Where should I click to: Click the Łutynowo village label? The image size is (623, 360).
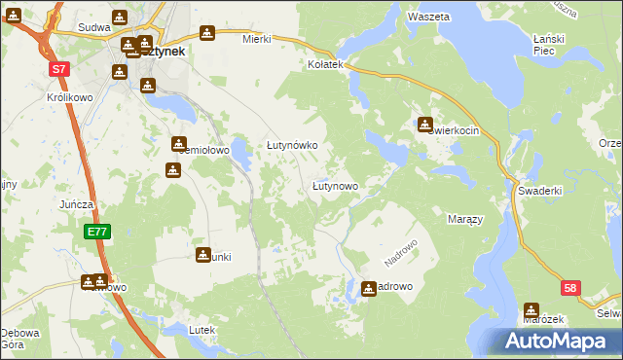tap(335, 185)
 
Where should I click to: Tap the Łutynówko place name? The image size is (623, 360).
tap(293, 145)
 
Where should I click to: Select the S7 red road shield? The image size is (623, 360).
tap(60, 69)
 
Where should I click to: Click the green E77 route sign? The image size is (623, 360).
tap(96, 232)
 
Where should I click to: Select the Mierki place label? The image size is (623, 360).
tap(256, 39)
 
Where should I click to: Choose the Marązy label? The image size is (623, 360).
tap(464, 220)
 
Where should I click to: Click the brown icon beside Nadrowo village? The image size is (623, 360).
tap(369, 288)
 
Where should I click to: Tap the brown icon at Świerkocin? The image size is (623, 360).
tap(425, 125)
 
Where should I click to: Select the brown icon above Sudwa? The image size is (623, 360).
tap(119, 18)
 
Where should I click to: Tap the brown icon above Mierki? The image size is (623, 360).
tap(205, 31)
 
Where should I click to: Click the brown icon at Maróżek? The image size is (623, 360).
tap(531, 309)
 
